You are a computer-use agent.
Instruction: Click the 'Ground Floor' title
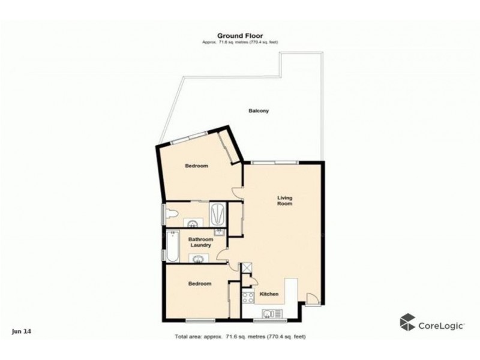click(x=239, y=36)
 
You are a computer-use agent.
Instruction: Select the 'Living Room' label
click(x=284, y=200)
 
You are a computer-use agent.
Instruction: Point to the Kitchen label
click(x=268, y=293)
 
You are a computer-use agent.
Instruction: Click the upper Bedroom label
click(x=196, y=166)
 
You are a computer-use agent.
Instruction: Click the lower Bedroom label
click(x=200, y=283)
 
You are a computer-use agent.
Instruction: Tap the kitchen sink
click(x=269, y=311)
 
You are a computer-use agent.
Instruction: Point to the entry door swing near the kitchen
click(x=311, y=298)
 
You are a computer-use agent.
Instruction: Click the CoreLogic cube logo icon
click(x=408, y=322)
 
